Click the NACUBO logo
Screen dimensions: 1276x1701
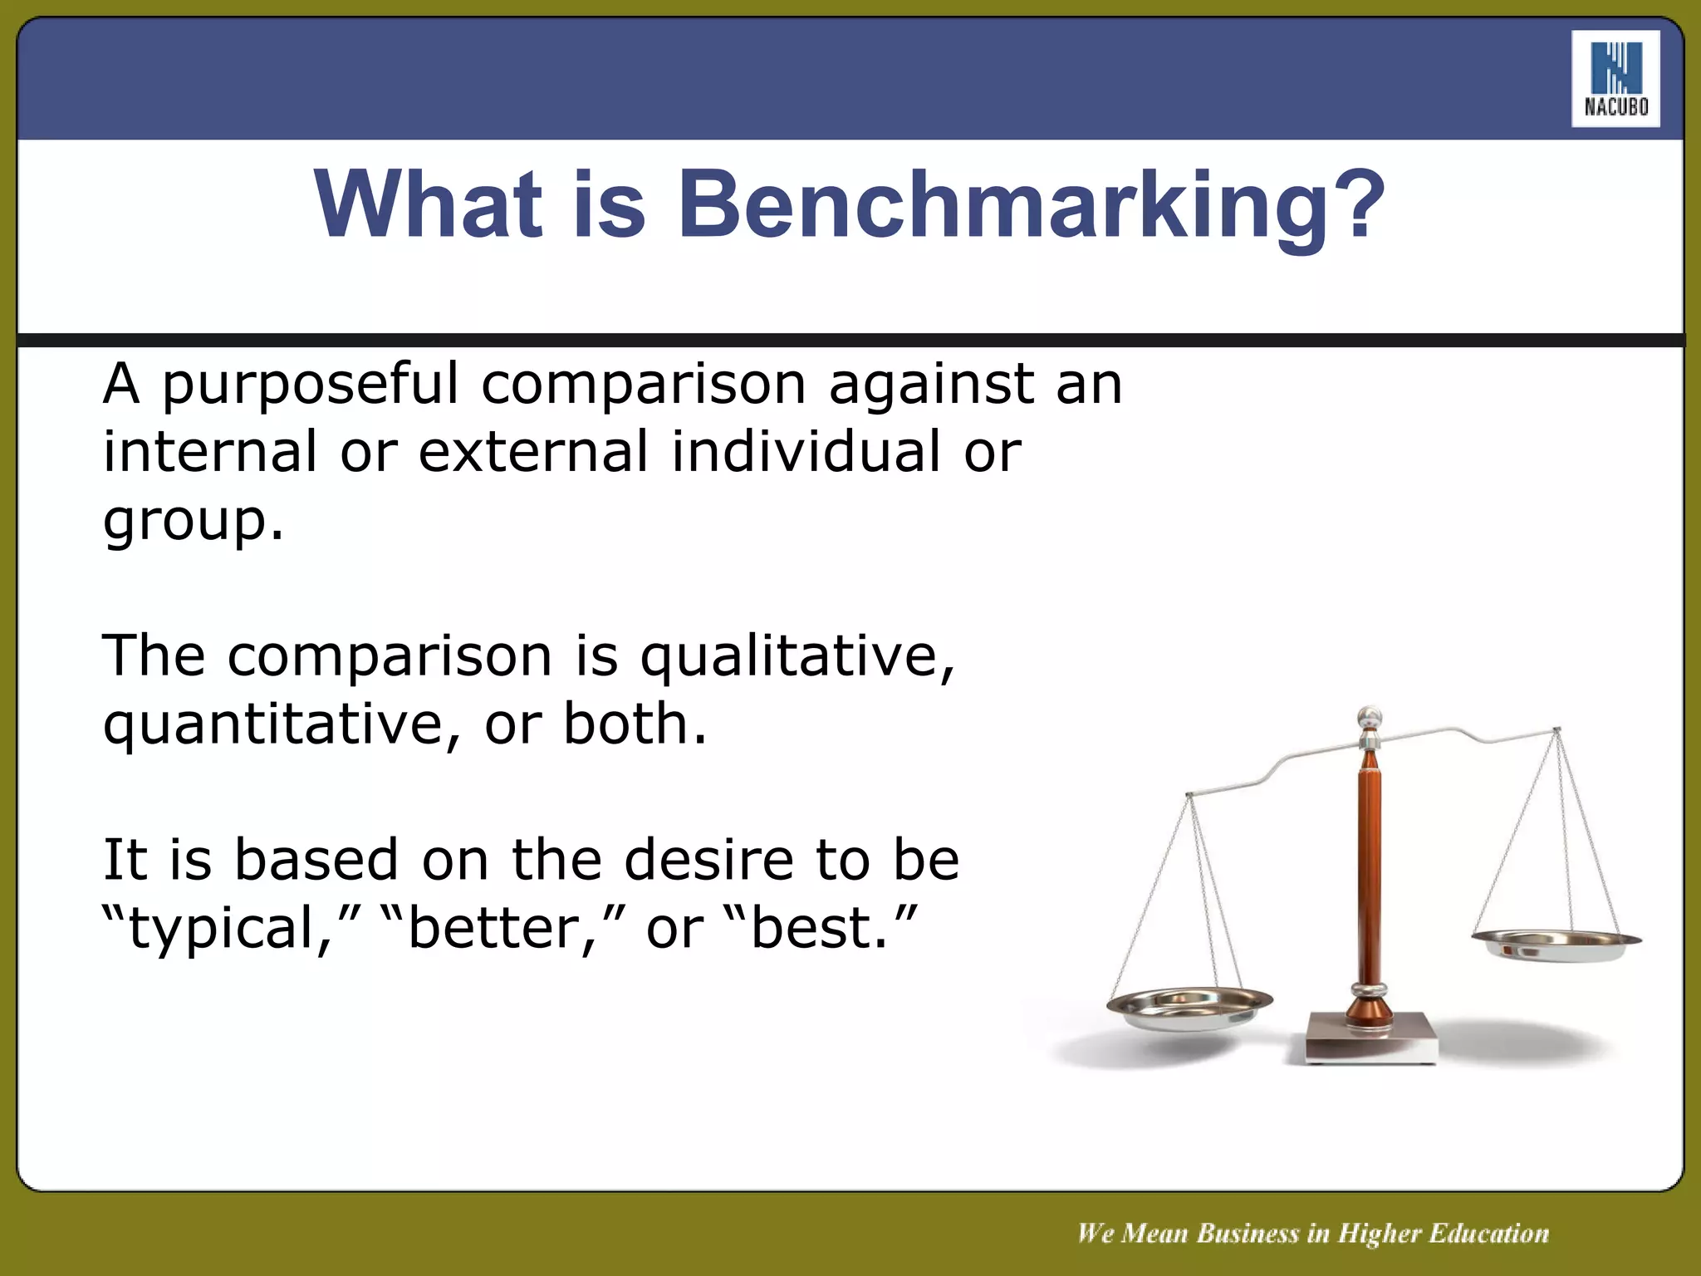click(1615, 79)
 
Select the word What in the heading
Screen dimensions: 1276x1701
click(428, 204)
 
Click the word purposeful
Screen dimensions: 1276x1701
click(310, 385)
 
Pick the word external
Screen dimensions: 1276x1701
click(532, 452)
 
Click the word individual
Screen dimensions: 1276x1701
click(806, 452)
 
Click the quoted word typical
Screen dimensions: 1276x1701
click(220, 929)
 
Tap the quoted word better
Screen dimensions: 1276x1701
click(490, 929)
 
